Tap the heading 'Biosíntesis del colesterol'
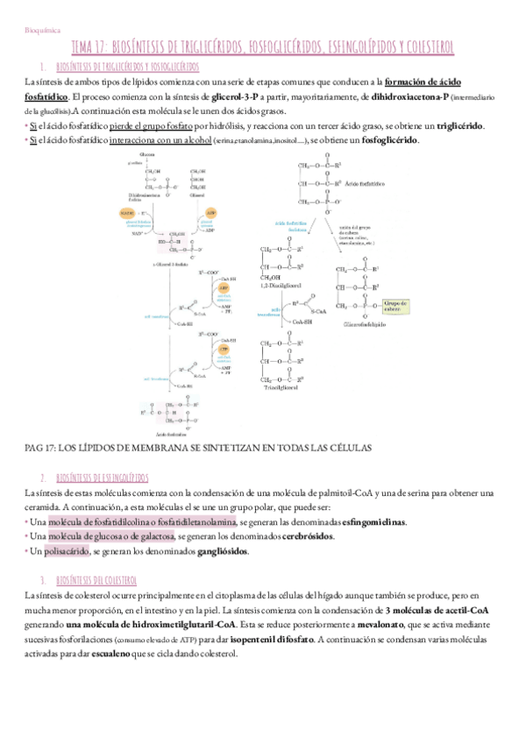[x=96, y=581]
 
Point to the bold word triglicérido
[x=459, y=126]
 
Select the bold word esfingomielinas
[x=374, y=522]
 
